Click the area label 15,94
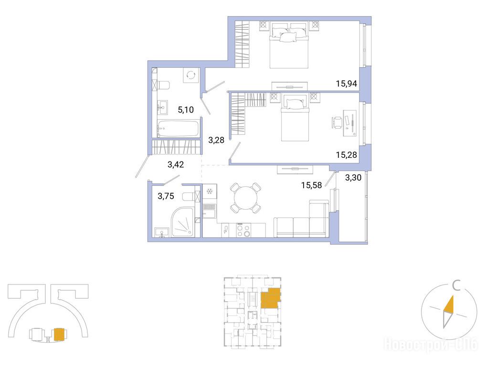point(347,83)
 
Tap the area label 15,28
point(347,155)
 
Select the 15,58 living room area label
point(311,185)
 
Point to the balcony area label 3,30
point(353,178)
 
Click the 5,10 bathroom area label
point(186,109)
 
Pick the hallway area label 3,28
point(216,141)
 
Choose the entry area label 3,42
point(176,164)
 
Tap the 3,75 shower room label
point(166,196)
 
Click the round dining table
point(245,198)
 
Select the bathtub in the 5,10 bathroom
point(178,129)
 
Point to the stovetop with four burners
point(244,230)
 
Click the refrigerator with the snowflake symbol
point(210,191)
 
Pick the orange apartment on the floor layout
point(271,298)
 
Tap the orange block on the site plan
point(59,334)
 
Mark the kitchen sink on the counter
point(225,230)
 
